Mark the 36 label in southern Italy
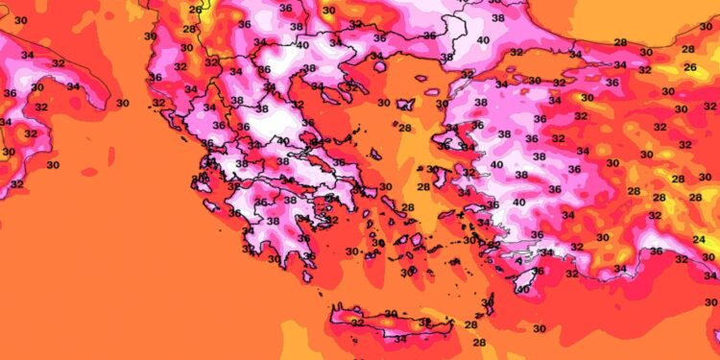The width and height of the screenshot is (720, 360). tap(10, 93)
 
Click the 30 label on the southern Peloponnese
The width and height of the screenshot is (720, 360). tap(275, 258)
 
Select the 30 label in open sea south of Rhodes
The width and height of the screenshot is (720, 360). tap(539, 328)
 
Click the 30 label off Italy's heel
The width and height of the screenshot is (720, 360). tap(122, 103)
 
